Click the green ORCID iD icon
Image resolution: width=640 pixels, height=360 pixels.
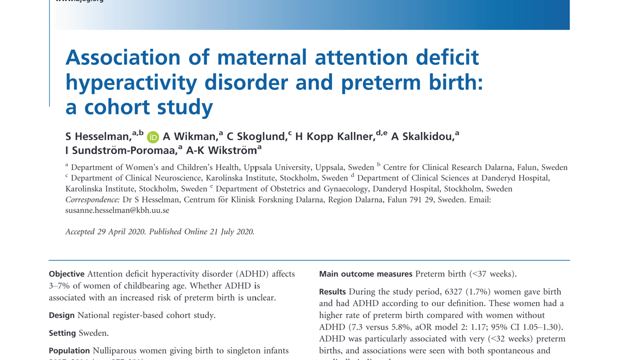pyautogui.click(x=153, y=137)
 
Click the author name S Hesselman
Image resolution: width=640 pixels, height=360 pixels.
pyautogui.click(x=98, y=136)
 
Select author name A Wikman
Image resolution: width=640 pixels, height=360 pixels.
pyautogui.click(x=189, y=136)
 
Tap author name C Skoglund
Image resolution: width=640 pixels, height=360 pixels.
pyautogui.click(x=256, y=136)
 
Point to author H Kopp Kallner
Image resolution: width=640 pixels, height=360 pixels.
pyautogui.click(x=334, y=136)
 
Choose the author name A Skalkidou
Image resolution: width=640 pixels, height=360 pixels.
pyautogui.click(x=422, y=136)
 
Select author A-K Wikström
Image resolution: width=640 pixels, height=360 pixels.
pyautogui.click(x=220, y=150)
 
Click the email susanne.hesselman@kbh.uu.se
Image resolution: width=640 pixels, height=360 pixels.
pyautogui.click(x=117, y=210)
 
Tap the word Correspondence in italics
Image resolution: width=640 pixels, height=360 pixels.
pyautogui.click(x=92, y=199)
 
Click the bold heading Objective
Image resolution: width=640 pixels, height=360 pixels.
pyautogui.click(x=66, y=274)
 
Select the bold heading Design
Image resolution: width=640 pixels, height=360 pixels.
pyautogui.click(x=61, y=315)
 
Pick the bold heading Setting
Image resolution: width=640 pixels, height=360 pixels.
pyautogui.click(x=62, y=333)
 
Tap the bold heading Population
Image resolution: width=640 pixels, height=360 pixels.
pyautogui.click(x=69, y=350)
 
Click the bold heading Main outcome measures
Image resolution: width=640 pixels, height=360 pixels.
pyautogui.click(x=365, y=274)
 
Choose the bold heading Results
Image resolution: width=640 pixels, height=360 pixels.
pyautogui.click(x=332, y=291)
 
